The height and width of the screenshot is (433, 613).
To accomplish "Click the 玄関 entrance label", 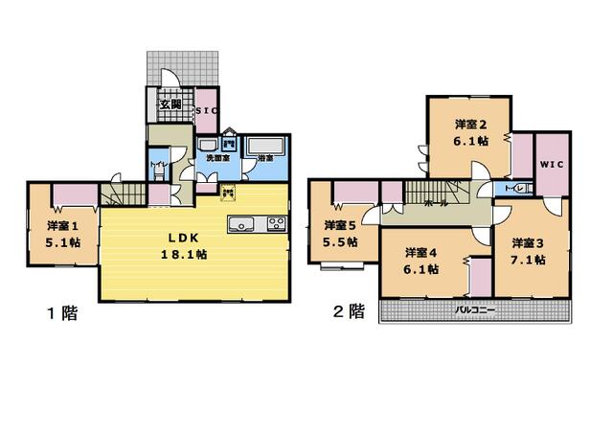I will click(x=170, y=104).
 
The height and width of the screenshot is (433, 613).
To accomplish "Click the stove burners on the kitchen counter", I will click(x=276, y=225).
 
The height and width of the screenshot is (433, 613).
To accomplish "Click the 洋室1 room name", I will click(x=61, y=226).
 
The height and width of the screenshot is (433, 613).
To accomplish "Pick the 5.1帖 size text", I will click(x=61, y=243).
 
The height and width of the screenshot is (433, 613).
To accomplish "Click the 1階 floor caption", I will click(x=62, y=312).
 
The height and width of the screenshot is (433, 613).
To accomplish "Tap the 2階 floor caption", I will click(x=349, y=311).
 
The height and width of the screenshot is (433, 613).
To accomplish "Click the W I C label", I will click(x=552, y=164).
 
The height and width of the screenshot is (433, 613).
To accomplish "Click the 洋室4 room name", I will click(x=420, y=253).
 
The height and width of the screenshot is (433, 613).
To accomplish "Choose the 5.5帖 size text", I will click(x=340, y=242).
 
